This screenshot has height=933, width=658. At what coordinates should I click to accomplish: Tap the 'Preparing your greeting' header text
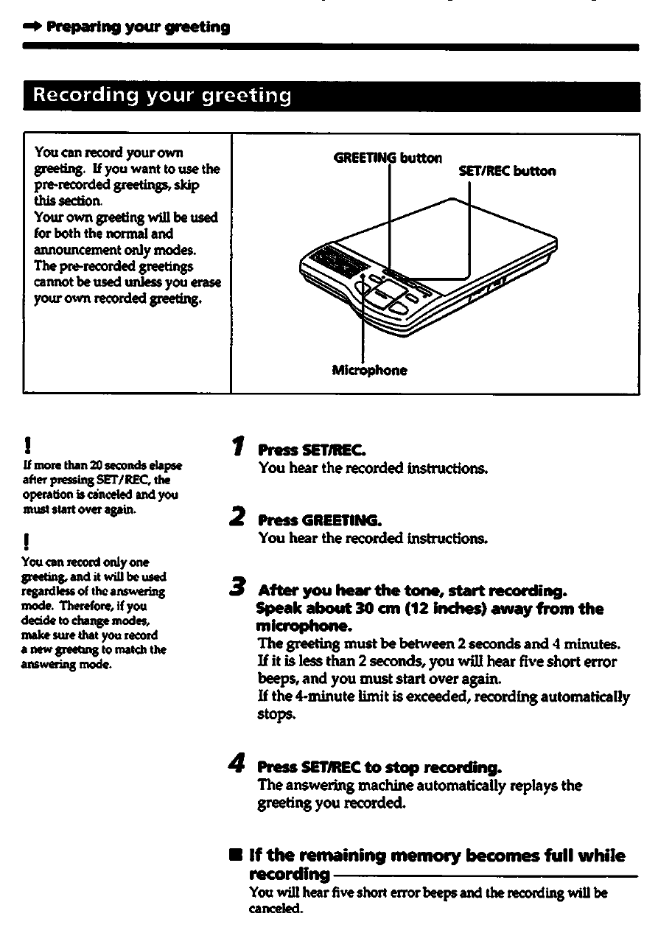pos(139,28)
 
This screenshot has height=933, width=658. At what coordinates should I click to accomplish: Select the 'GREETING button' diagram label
pos(388,157)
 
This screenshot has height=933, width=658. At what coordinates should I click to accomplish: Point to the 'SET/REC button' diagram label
pos(507,172)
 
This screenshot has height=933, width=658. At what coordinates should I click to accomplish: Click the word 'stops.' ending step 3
pos(276,714)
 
